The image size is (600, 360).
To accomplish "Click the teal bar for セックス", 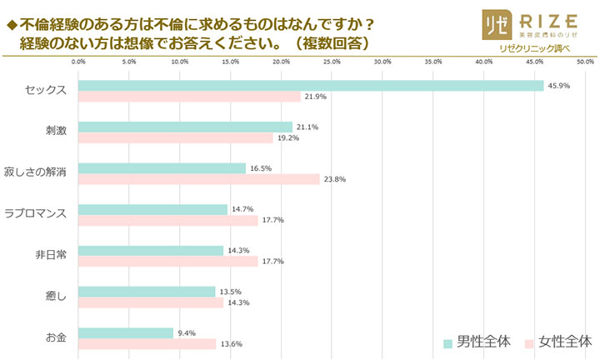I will [310, 85].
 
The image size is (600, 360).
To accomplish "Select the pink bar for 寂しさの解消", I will [198, 179].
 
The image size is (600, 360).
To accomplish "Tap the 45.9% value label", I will [558, 85].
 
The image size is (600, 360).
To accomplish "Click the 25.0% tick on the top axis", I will [331, 62].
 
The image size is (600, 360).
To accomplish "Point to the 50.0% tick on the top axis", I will [584, 62].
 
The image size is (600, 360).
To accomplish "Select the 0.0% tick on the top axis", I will [78, 62].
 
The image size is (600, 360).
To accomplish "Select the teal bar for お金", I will [126, 332].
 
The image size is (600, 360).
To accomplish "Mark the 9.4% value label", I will [188, 332].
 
